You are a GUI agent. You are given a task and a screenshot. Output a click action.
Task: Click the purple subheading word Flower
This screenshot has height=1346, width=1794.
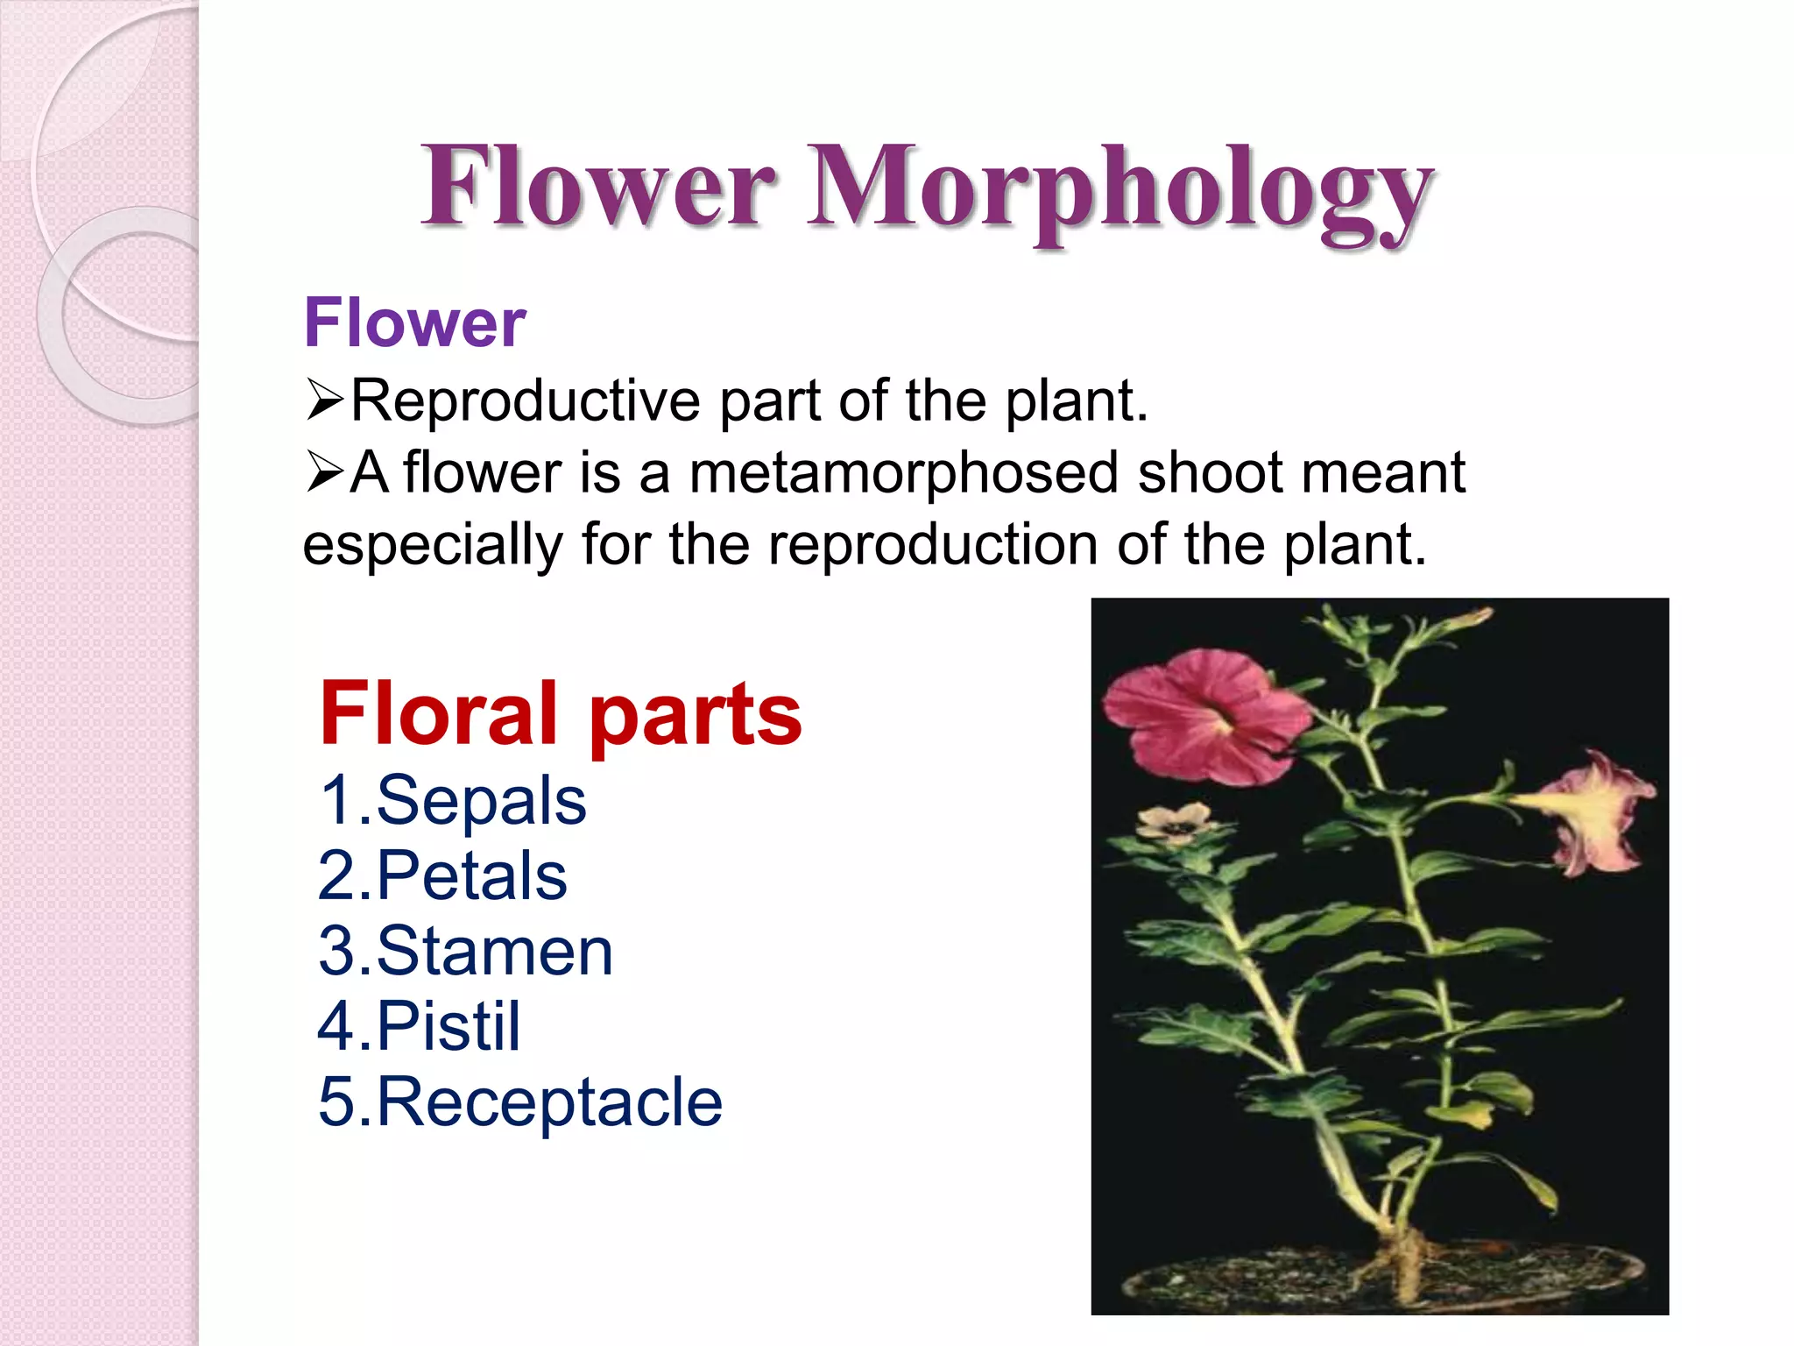coord(414,322)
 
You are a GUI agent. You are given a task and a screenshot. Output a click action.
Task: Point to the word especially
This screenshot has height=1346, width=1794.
coord(432,544)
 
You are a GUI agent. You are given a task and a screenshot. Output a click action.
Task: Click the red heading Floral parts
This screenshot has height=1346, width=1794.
coord(561,713)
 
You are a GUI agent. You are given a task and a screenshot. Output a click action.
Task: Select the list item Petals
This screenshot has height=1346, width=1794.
coord(471,875)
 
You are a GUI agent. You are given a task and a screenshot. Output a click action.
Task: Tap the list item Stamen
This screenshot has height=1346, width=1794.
coord(494,951)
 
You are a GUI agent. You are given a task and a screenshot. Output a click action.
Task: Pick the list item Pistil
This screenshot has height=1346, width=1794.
coord(448,1026)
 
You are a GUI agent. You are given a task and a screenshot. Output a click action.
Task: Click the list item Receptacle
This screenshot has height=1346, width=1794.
coord(549,1102)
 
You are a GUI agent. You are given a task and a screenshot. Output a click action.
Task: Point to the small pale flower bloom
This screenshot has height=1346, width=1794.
coord(1174,823)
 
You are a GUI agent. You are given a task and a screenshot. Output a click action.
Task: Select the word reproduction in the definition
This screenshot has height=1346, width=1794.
coord(932,544)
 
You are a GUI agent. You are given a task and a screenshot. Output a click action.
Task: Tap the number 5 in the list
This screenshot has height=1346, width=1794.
coord(335,1102)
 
